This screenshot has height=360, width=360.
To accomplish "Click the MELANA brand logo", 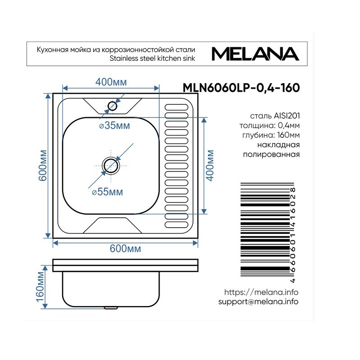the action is [255, 54].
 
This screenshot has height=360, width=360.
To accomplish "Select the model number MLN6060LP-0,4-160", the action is [241, 88].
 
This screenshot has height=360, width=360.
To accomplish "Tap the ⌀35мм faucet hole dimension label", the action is [115, 126].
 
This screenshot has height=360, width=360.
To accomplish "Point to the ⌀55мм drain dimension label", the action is [108, 192].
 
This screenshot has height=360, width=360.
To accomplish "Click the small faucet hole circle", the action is [112, 106].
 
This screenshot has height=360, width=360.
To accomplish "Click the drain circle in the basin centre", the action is [111, 165].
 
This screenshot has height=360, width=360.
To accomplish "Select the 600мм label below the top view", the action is [126, 248].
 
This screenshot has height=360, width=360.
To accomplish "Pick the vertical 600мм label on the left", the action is [43, 166].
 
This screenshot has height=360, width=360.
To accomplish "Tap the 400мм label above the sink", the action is [111, 82].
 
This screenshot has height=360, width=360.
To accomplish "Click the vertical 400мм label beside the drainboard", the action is [210, 166].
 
